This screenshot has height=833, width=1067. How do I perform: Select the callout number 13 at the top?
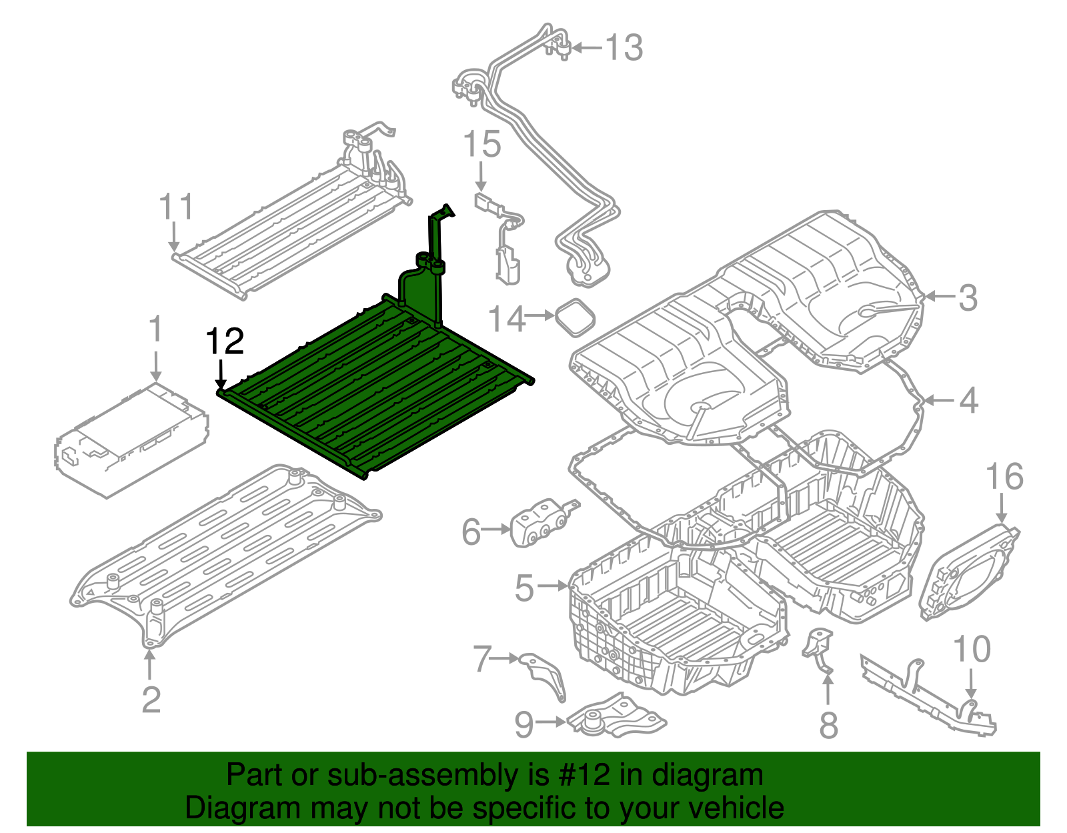[x=624, y=48]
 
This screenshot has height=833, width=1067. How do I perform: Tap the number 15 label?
[x=481, y=145]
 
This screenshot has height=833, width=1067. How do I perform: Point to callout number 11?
[x=177, y=207]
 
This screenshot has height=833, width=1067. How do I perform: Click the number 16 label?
[x=1004, y=477]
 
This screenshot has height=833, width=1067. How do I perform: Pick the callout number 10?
[x=972, y=649]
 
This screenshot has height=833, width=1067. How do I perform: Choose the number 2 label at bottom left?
[x=151, y=700]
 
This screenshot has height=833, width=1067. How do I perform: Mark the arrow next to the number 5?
[x=552, y=586]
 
